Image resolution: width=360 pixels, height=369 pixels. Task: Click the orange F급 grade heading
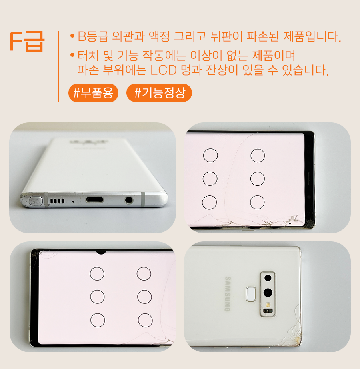point(27,41)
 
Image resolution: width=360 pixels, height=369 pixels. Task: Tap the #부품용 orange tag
point(93,93)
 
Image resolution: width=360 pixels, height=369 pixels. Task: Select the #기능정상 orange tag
point(159,93)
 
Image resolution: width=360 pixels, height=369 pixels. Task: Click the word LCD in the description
point(164,70)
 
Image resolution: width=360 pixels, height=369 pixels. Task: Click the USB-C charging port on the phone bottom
point(94,200)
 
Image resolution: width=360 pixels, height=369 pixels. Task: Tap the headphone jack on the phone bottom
point(129,200)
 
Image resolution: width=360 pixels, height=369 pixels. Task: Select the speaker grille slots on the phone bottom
point(57,201)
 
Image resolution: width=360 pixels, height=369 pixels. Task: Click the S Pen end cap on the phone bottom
point(36,201)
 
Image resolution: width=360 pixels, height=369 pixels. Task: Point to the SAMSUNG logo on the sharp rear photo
point(228,294)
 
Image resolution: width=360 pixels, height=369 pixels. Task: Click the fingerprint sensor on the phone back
point(251,294)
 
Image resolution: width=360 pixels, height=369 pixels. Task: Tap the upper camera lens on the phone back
point(268,278)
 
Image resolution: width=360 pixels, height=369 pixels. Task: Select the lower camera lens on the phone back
point(268,293)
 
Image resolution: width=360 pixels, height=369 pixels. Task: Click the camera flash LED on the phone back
point(267,305)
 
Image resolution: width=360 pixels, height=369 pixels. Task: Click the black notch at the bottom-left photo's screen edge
point(101,252)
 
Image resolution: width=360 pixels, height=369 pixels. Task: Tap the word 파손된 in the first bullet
point(263,36)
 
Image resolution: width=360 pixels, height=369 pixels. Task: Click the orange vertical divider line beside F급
point(58,66)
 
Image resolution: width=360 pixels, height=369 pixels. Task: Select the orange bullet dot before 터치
point(72,55)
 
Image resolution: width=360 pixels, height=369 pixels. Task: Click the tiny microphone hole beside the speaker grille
point(73,201)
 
